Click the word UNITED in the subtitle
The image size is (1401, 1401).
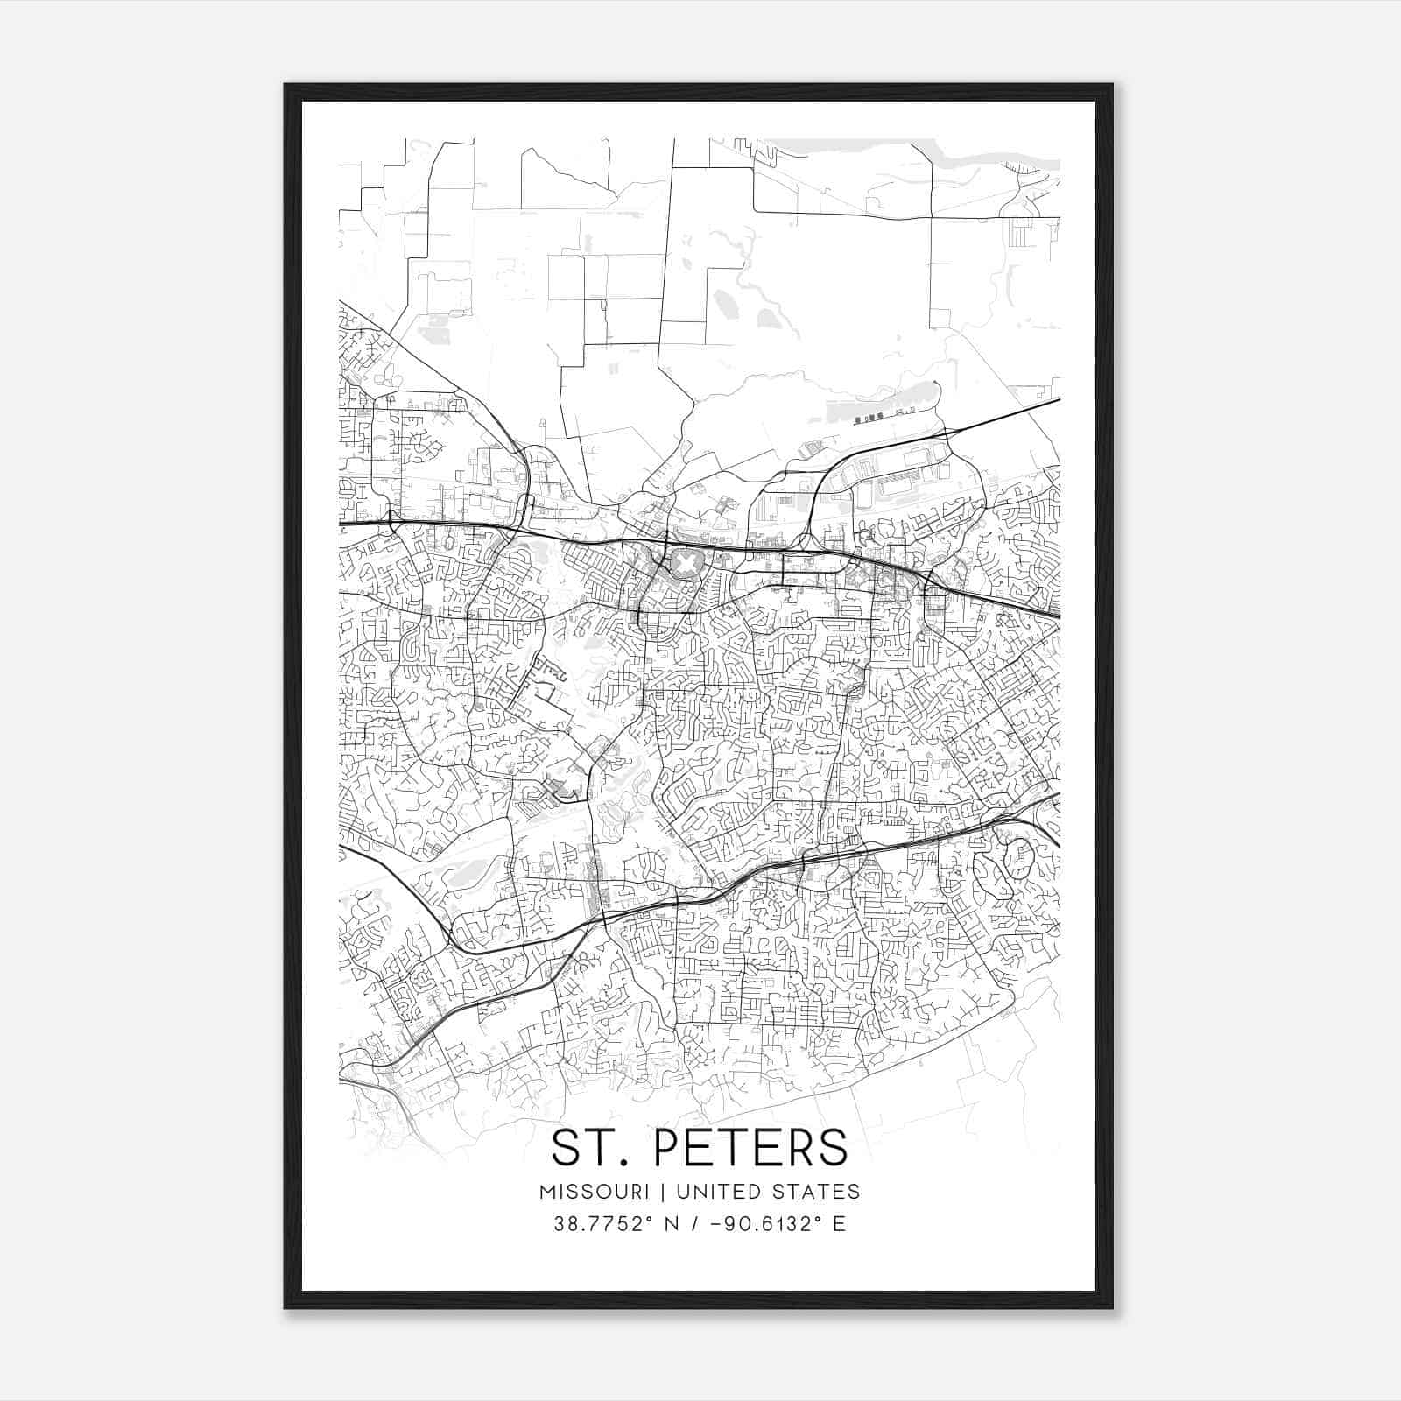[715, 1192]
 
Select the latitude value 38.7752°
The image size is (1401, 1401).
[603, 1224]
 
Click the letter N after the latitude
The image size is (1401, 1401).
[673, 1224]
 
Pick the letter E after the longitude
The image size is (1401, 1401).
[839, 1224]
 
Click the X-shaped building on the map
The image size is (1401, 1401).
[683, 561]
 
